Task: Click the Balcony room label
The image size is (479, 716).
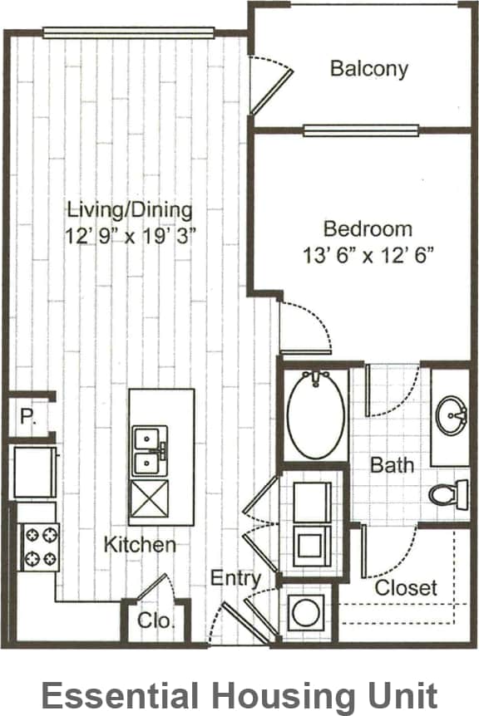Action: tap(369, 68)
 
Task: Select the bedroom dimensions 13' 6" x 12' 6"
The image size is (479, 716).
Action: tap(368, 254)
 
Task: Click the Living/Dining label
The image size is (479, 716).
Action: tap(130, 209)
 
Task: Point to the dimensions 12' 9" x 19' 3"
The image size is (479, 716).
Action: tap(131, 235)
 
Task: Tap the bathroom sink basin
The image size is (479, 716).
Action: tap(452, 414)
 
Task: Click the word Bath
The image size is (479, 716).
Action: tap(392, 464)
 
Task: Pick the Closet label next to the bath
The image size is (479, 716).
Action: tap(406, 588)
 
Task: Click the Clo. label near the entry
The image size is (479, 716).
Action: tap(156, 620)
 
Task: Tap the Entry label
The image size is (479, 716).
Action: tap(235, 578)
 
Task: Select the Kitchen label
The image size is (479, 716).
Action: tap(140, 545)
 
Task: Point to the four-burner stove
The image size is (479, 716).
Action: tap(38, 546)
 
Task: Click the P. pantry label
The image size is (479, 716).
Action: tap(27, 417)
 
